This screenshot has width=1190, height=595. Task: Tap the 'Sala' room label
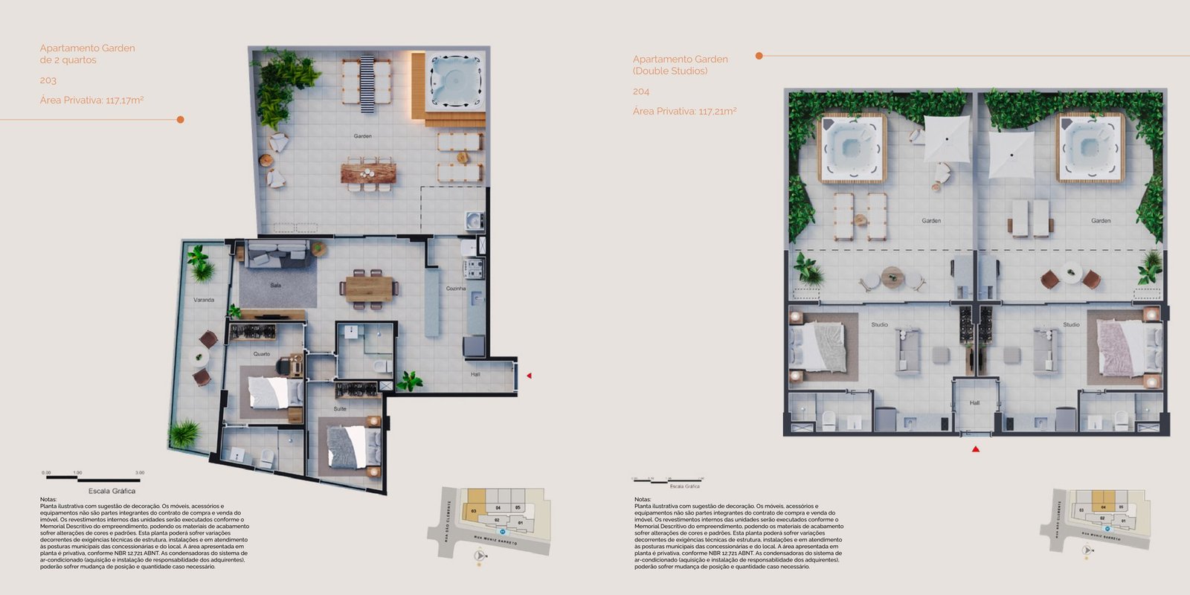pos(276,286)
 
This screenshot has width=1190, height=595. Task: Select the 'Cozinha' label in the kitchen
pos(456,289)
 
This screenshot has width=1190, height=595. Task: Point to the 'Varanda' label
pos(204,300)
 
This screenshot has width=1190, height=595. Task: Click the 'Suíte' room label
pos(340,409)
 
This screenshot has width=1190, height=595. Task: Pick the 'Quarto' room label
pos(262,354)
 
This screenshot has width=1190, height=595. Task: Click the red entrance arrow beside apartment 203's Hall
pos(529,376)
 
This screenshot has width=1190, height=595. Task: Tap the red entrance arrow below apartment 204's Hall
pos(976,449)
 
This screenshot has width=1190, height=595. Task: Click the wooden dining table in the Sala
pos(368,287)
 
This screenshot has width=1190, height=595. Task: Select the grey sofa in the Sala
pos(278,255)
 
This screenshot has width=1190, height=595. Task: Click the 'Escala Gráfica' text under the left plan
pos(112,491)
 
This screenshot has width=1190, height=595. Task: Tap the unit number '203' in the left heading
pos(48,80)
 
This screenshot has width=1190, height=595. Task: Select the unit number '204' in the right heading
pos(641,91)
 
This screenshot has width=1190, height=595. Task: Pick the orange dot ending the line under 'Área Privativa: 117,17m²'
pos(180,119)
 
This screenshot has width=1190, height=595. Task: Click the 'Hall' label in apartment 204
pos(974,403)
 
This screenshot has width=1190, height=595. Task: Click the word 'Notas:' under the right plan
pos(643,500)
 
